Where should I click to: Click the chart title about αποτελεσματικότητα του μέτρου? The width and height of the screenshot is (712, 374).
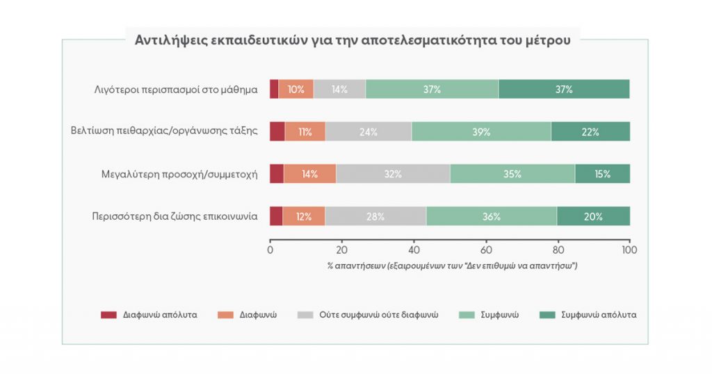pos(353,40)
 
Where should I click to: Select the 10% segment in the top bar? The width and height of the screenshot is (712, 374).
pos(296,89)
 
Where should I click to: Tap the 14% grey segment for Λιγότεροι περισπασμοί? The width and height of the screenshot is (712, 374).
pos(339,89)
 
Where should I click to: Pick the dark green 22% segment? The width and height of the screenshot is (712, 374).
pos(590,131)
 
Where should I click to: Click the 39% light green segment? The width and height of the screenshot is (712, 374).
pos(481,131)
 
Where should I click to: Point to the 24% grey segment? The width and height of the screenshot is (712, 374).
pos(369,131)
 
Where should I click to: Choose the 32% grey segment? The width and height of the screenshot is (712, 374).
pos(393,174)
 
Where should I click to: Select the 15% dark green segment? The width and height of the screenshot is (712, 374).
pos(603,174)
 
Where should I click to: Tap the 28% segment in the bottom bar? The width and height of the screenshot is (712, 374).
pos(375,216)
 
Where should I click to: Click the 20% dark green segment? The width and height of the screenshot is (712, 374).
pos(594,216)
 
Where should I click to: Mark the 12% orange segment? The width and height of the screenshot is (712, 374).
pos(304,216)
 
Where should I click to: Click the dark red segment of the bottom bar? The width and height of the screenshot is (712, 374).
pos(276,216)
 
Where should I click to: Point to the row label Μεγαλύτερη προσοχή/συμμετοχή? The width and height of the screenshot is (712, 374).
pos(179,174)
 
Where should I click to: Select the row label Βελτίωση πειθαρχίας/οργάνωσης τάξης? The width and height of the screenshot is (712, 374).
pos(164,131)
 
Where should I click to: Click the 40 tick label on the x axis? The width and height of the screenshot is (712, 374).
pos(414,250)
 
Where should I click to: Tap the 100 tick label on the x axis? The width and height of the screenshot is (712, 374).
pos(629,250)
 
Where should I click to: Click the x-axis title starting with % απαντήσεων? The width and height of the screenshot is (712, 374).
pos(452,266)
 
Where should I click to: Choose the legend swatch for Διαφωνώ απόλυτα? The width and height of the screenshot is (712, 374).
pos(108,315)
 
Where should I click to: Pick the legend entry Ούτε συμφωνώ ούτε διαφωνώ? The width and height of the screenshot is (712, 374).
pos(368,315)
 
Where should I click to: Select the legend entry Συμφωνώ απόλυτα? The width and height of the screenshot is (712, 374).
pos(588,315)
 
